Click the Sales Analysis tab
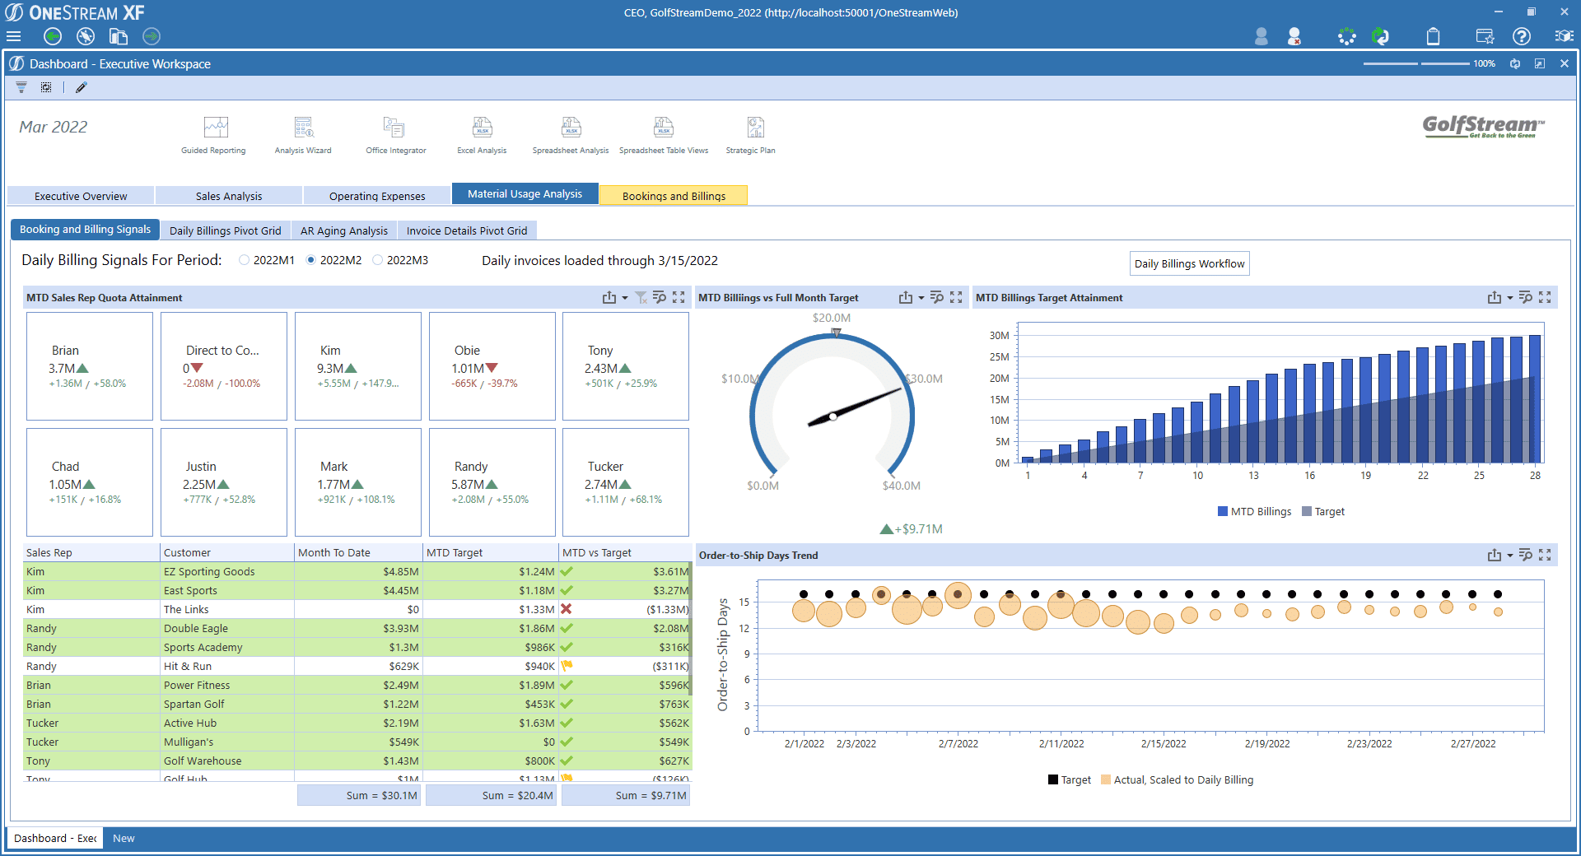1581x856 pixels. point(228,196)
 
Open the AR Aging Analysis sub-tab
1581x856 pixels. point(343,230)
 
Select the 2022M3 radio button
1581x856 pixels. point(378,260)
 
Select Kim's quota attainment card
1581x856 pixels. point(357,366)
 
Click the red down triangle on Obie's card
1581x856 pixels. point(492,368)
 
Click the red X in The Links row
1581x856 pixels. point(567,609)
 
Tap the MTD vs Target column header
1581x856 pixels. point(597,552)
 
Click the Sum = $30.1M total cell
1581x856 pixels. point(359,795)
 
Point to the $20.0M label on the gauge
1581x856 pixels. point(832,318)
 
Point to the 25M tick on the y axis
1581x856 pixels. point(999,356)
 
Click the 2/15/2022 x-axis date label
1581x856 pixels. point(1164,743)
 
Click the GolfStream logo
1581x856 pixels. point(1482,126)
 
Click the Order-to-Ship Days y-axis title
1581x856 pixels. point(723,654)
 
